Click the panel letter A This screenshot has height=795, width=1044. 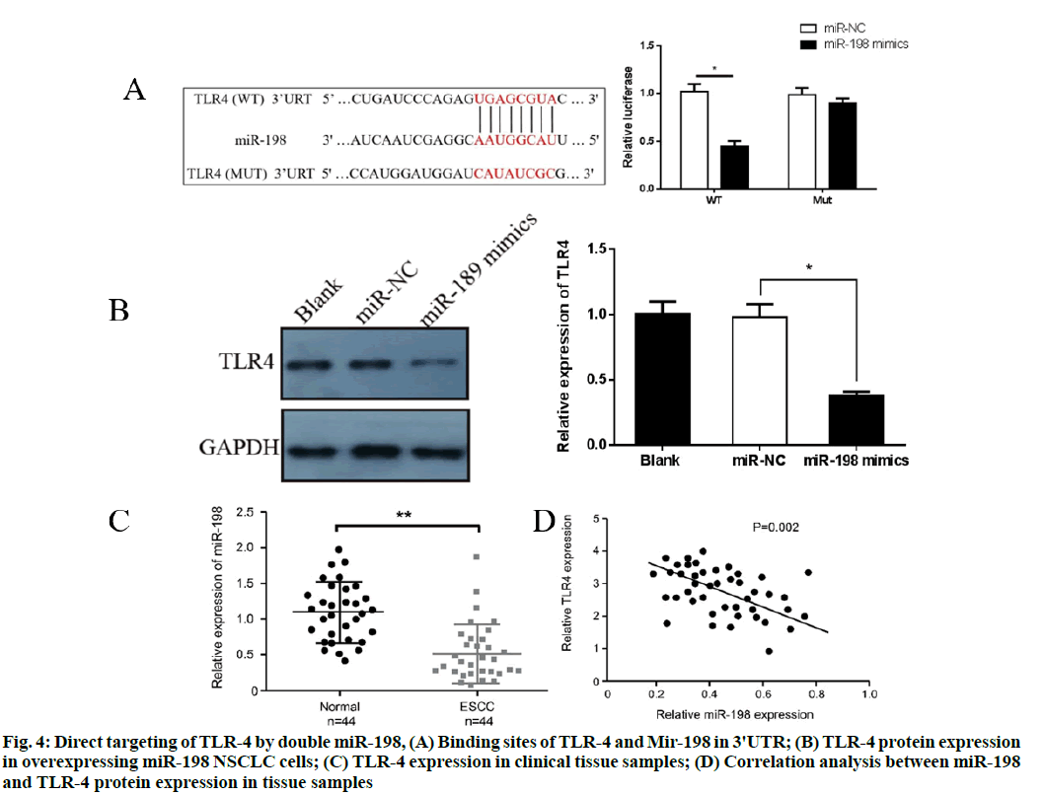pyautogui.click(x=135, y=92)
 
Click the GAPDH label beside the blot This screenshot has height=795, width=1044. pyautogui.click(x=239, y=448)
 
